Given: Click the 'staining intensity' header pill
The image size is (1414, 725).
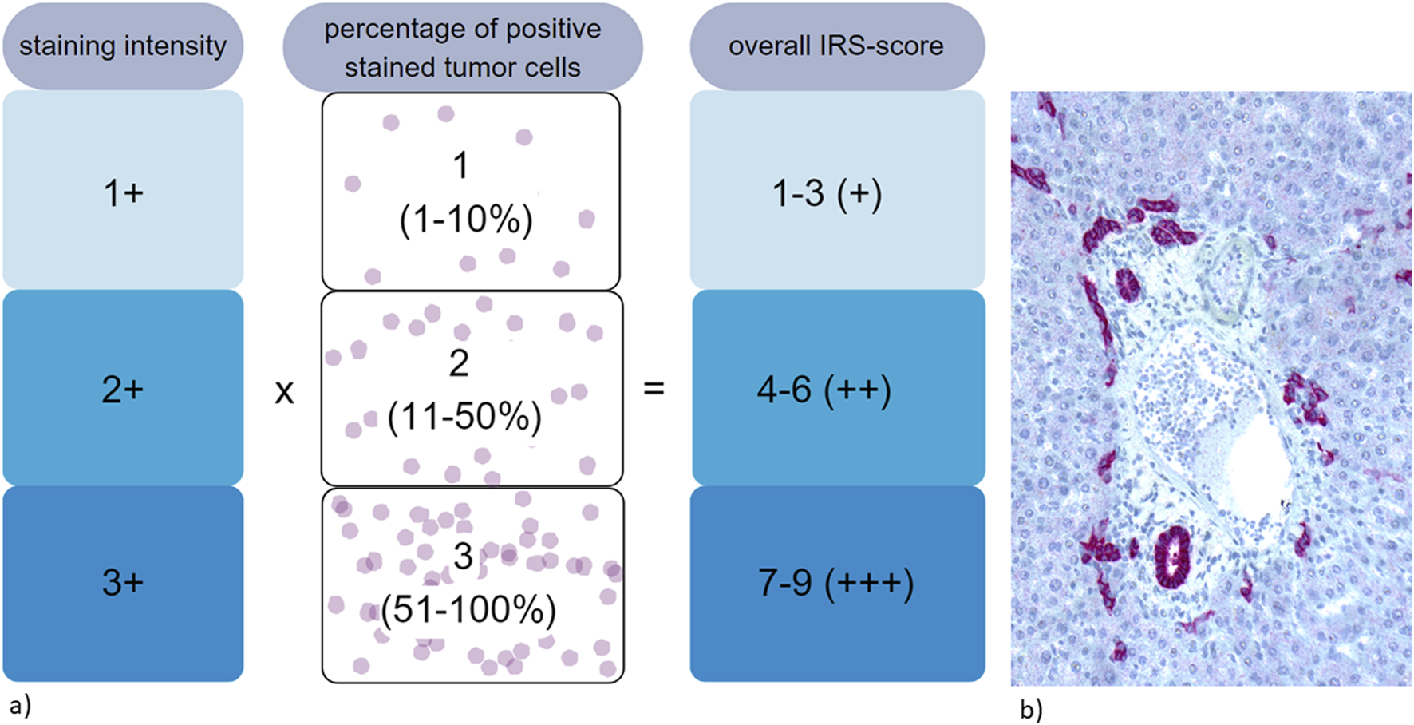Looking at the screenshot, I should tap(123, 46).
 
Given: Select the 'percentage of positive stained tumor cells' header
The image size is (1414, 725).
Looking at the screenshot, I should tap(463, 48).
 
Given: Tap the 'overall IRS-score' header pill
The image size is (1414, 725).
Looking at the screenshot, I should tap(836, 46).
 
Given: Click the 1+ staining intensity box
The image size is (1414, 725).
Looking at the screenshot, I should tap(123, 192).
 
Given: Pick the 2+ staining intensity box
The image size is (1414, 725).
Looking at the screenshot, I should tap(123, 389).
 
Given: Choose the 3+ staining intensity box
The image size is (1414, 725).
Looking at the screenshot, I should tap(123, 583).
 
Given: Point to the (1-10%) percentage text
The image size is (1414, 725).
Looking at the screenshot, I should tap(466, 220).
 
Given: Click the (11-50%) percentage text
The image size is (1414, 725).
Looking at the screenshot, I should tap(464, 417).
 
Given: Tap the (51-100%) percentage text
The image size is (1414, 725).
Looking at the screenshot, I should tap(468, 611).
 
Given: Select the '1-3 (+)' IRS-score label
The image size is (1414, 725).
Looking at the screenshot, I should tap(827, 193).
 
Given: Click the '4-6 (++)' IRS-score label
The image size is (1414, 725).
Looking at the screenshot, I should tap(824, 390).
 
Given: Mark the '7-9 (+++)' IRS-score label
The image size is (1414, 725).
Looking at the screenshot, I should tap(835, 584).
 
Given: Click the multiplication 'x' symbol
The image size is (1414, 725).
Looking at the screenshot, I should tap(284, 391).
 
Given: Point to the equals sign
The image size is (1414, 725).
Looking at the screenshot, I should tap(654, 389).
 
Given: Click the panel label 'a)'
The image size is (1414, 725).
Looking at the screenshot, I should tap(20, 706).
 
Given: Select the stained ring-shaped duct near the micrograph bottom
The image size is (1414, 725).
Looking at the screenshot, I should tap(1173, 557).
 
